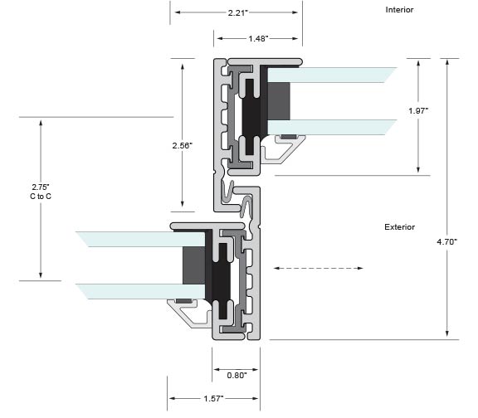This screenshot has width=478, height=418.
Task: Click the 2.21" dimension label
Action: coord(238,12)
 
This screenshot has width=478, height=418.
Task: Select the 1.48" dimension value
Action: coord(258,39)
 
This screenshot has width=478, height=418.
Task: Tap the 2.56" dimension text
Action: coord(183,146)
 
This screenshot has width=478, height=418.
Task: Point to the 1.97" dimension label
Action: coord(418,111)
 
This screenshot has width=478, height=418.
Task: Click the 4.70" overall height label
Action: coord(447,242)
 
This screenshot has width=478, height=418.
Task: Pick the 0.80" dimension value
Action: coord(237,376)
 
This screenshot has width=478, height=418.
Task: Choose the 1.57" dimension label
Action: coord(214,398)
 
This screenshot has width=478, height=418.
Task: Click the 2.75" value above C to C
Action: coord(41,187)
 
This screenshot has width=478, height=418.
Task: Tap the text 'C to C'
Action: coord(41,197)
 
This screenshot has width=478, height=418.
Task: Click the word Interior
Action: coord(399,10)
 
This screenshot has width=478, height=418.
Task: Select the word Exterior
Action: coord(399,227)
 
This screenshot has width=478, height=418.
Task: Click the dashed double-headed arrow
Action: coord(318,268)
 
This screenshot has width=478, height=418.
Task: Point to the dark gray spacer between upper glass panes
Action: coord(279,101)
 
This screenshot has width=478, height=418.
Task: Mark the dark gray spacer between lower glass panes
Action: coord(194,265)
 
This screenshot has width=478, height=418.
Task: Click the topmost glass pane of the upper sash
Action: coord(332,75)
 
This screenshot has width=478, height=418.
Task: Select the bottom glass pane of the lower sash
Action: coord(141,292)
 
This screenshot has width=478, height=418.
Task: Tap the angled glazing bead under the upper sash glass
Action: coord(284,149)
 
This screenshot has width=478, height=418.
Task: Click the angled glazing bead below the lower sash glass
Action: coord(189,313)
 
